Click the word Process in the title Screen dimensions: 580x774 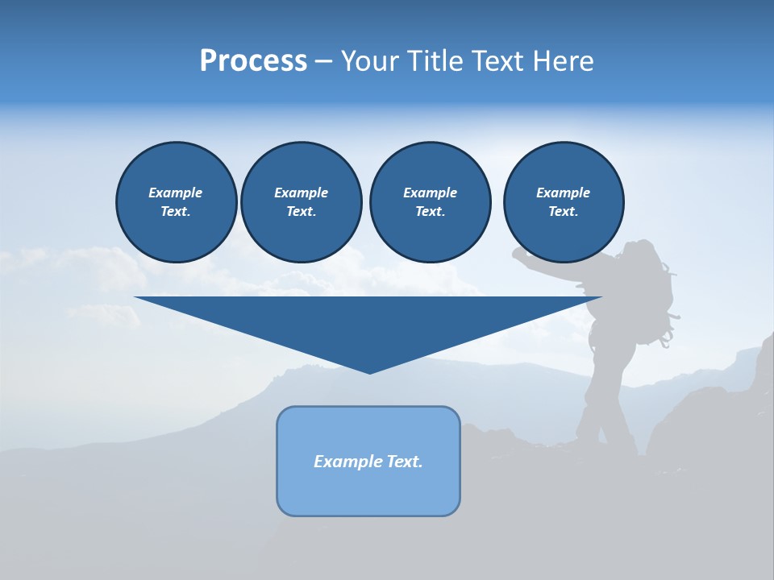[x=253, y=61]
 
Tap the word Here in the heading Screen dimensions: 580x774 [x=562, y=61]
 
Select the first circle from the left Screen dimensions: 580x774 [x=176, y=202]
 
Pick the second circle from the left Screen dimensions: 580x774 [x=301, y=202]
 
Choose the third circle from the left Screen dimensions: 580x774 [x=430, y=202]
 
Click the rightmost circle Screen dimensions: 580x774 [x=563, y=202]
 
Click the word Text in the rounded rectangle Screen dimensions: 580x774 [x=404, y=462]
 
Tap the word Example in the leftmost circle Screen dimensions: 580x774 [x=176, y=193]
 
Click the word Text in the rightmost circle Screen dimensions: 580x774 [x=562, y=212]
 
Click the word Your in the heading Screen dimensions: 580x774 [x=370, y=61]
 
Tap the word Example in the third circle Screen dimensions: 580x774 [x=430, y=193]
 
